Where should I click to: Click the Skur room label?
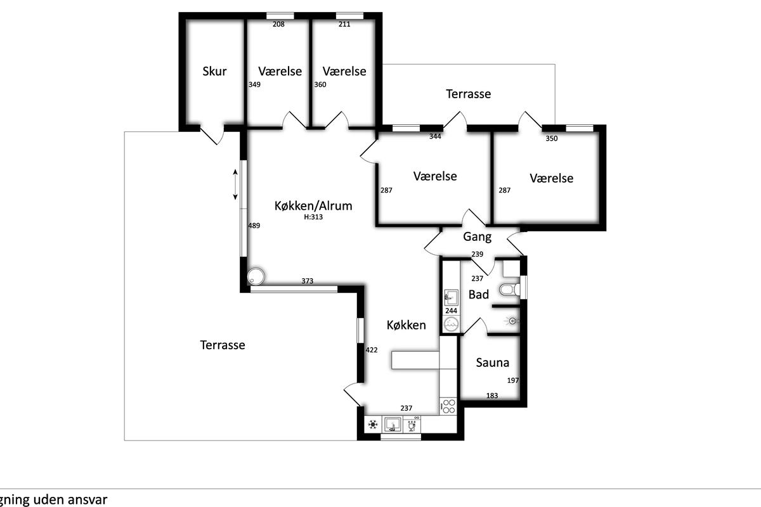point(214,72)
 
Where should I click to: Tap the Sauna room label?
point(492,363)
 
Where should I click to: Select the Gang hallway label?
point(477,236)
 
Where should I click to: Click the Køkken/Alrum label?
point(313,206)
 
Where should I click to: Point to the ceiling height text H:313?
point(313,217)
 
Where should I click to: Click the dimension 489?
point(254,226)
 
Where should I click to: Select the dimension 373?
point(308,281)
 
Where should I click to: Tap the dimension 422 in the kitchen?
point(372,350)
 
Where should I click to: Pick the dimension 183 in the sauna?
point(492,395)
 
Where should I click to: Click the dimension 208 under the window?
point(278,24)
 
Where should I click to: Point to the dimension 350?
point(551,138)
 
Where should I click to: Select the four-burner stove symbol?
point(448,406)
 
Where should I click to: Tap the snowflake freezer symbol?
point(373,425)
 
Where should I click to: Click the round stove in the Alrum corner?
point(256,276)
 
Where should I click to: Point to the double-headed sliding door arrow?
point(235,184)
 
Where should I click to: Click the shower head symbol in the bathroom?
point(512,321)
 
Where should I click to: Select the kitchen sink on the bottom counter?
point(393,425)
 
